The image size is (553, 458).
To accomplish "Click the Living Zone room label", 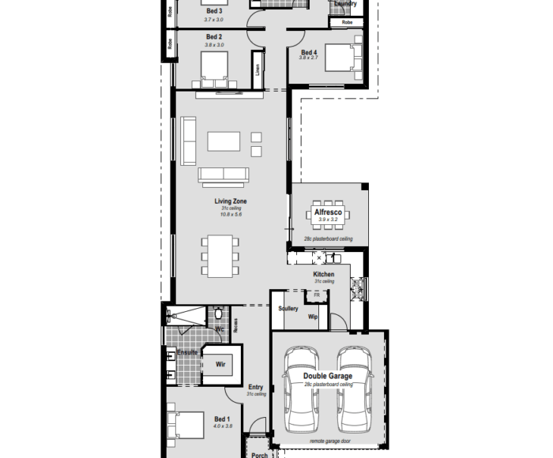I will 231,201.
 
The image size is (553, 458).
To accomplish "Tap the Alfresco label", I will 328,213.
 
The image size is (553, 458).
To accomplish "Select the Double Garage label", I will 329,377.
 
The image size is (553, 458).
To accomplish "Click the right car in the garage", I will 353,387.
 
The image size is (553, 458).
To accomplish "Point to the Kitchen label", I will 324,274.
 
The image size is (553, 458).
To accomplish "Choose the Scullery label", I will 288,308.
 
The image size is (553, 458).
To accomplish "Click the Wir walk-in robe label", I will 221,364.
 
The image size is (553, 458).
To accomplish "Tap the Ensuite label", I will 187,352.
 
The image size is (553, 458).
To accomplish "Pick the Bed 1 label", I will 223,419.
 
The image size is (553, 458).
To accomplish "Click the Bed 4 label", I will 309,52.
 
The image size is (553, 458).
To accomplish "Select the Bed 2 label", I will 214,37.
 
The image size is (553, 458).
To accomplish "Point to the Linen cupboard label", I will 258,70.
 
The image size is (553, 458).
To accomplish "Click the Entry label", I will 255,387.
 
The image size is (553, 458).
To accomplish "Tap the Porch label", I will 259,454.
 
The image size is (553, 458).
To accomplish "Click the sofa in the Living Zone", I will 224,175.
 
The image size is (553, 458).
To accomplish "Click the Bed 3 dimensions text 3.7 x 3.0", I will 214,19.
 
